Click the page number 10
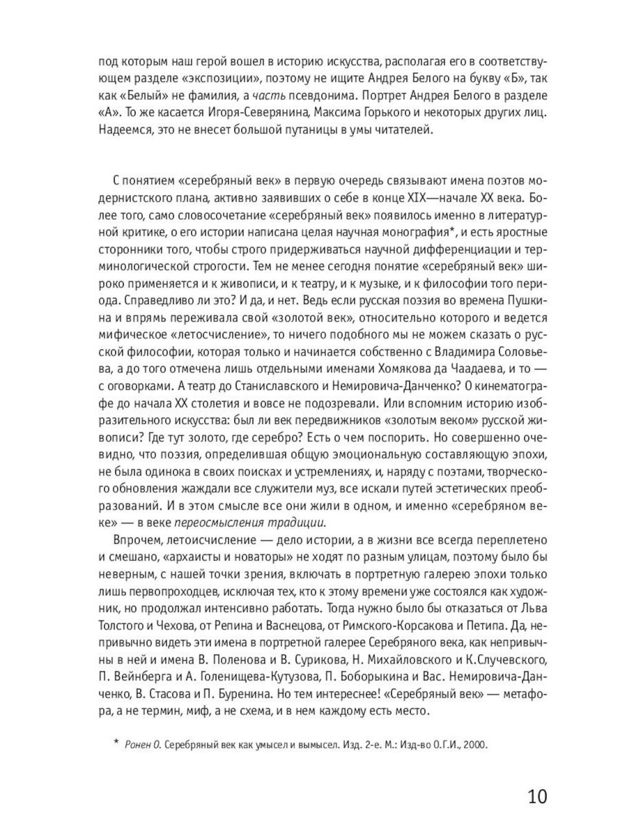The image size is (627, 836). [537, 797]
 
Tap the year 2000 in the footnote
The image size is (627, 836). [476, 745]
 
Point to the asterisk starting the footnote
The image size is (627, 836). [115, 744]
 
